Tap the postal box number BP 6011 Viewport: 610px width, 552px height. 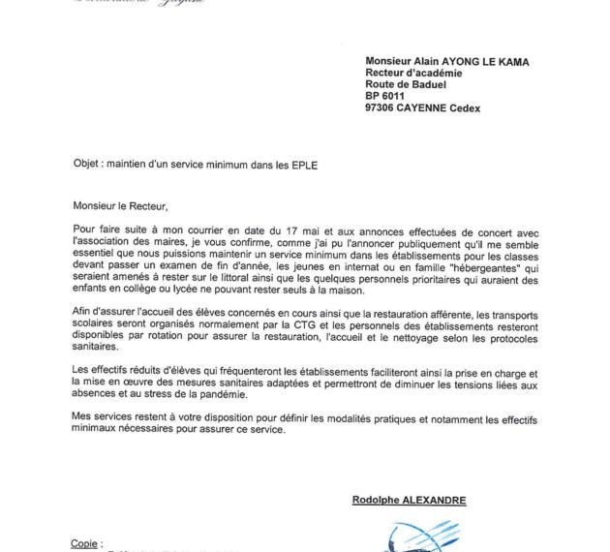(x=388, y=97)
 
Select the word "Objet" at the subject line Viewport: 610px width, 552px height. (x=88, y=166)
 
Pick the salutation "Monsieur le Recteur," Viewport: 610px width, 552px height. (x=120, y=205)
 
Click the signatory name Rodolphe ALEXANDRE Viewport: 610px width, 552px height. (x=410, y=501)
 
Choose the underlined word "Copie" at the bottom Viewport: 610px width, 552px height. (x=85, y=543)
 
